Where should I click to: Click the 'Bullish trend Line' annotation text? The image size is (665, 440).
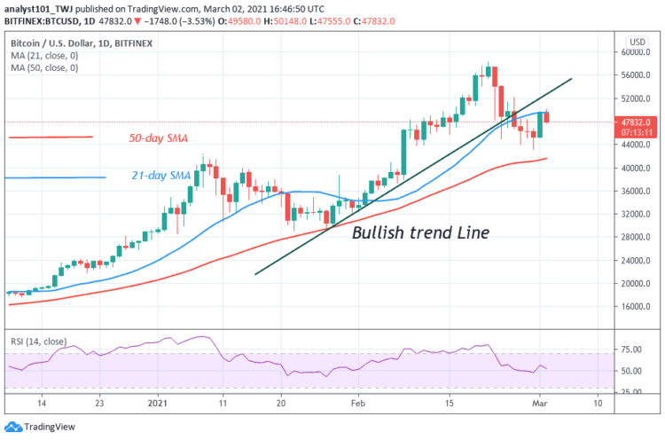[420, 233]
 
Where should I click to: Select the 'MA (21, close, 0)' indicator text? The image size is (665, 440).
[42, 54]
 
